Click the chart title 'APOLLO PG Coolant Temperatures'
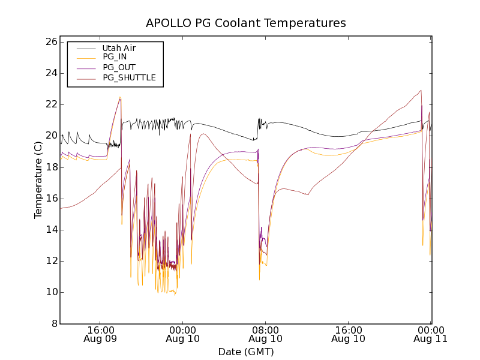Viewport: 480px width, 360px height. pyautogui.click(x=246, y=23)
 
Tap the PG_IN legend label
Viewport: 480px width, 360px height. pyautogui.click(x=115, y=57)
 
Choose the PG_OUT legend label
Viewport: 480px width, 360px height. pyautogui.click(x=119, y=67)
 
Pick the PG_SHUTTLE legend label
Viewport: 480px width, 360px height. pyautogui.click(x=129, y=77)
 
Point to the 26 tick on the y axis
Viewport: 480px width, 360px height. pyautogui.click(x=50, y=42)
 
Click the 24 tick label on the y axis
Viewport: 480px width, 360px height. pyautogui.click(x=50, y=73)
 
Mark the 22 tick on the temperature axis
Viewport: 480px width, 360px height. pyautogui.click(x=50, y=104)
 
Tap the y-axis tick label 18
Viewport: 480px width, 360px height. pyautogui.click(x=50, y=167)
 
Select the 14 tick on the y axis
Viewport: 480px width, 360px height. pyautogui.click(x=50, y=230)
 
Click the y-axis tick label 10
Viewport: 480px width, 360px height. pyautogui.click(x=50, y=292)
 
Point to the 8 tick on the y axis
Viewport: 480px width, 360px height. pyautogui.click(x=53, y=323)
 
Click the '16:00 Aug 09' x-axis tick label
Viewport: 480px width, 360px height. pyautogui.click(x=100, y=334)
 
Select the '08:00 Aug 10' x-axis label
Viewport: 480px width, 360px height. pyautogui.click(x=266, y=334)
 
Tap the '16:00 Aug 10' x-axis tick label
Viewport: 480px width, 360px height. pyautogui.click(x=349, y=334)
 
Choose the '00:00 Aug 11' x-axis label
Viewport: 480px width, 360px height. pyautogui.click(x=431, y=334)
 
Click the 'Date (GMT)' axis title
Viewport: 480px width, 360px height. pyautogui.click(x=246, y=352)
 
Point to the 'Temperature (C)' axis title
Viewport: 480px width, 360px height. pyautogui.click(x=38, y=179)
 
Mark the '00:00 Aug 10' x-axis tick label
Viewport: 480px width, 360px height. pyautogui.click(x=183, y=334)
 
